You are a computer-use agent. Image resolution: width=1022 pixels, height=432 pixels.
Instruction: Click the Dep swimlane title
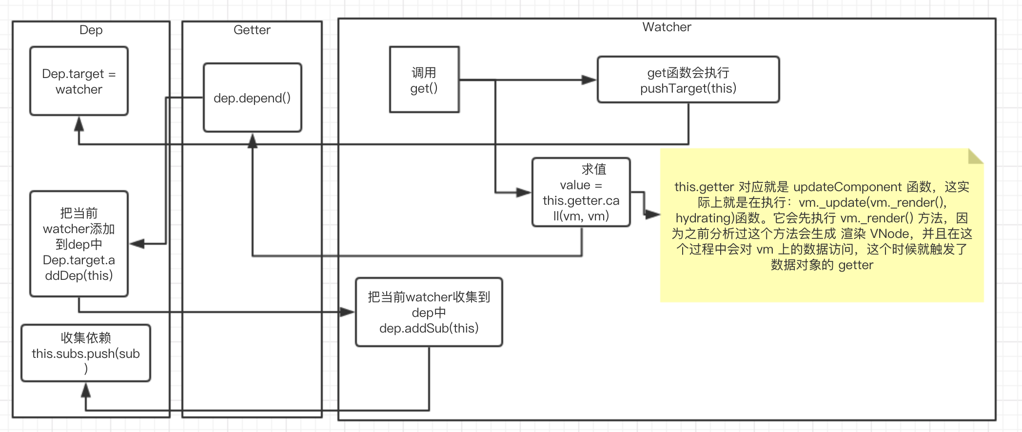[91, 30]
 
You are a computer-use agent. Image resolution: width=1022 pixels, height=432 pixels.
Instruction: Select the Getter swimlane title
[252, 30]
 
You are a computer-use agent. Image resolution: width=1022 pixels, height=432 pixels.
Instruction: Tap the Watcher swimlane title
[667, 27]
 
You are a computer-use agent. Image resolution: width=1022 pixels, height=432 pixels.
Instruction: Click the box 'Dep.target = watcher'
[79, 81]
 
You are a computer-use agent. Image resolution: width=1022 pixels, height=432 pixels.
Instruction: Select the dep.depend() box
[253, 98]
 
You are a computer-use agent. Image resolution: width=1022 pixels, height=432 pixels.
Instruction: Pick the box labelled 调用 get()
[424, 79]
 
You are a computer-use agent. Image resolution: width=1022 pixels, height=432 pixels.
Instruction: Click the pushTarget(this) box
[688, 79]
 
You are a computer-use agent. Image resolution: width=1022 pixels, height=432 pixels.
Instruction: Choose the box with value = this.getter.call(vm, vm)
[581, 192]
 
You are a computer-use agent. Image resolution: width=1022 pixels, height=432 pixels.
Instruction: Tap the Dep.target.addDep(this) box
[79, 244]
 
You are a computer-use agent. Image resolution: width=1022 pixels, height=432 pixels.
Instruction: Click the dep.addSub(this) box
[429, 312]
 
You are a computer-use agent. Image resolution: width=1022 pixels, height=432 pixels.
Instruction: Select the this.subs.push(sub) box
[86, 353]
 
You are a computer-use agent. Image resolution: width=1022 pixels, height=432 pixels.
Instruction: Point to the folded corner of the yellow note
[975, 156]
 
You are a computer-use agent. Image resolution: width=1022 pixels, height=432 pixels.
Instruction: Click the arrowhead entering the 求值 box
[524, 192]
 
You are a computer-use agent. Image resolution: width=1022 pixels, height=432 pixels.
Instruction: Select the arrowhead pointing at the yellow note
[652, 214]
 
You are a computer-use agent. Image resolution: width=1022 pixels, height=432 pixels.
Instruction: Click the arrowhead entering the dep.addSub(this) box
[347, 312]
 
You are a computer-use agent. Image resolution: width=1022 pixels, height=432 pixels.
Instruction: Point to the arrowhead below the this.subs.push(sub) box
[86, 390]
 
